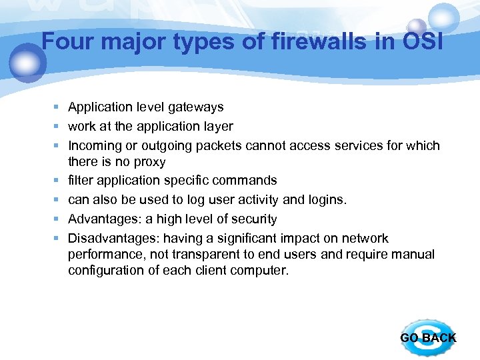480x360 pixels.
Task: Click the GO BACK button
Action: (x=428, y=337)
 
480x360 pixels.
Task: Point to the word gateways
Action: (x=197, y=107)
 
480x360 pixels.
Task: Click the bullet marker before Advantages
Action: (x=59, y=219)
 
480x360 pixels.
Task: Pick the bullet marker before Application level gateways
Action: (x=59, y=107)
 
